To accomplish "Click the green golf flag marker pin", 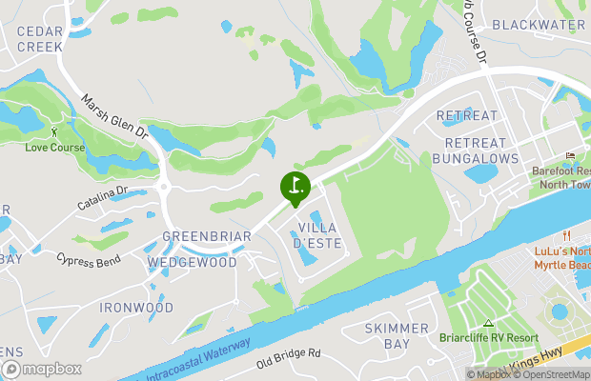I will coord(295,187).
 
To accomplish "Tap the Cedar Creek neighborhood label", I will coord(40,38).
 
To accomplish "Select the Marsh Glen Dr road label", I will coord(112,114).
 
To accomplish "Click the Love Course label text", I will coord(54,148).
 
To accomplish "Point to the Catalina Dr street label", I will coord(102,198).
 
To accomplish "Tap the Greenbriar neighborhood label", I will coord(207,236).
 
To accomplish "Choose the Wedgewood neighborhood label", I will coord(192,262).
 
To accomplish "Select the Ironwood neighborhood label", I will coord(137,308).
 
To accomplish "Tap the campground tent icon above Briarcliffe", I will coord(489,324).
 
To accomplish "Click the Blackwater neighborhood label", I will coord(539,25).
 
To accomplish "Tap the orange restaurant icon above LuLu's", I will coord(565,235).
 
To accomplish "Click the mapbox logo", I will coord(42,369).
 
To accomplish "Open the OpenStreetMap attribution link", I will coord(551,374).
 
